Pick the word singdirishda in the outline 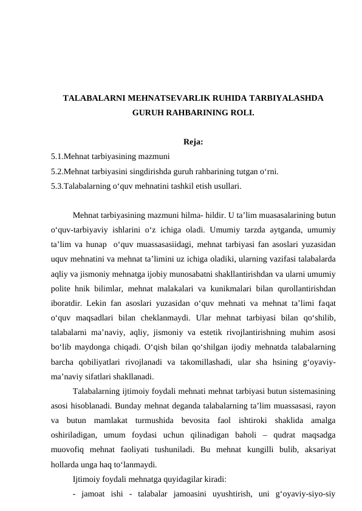(x=143, y=171)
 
